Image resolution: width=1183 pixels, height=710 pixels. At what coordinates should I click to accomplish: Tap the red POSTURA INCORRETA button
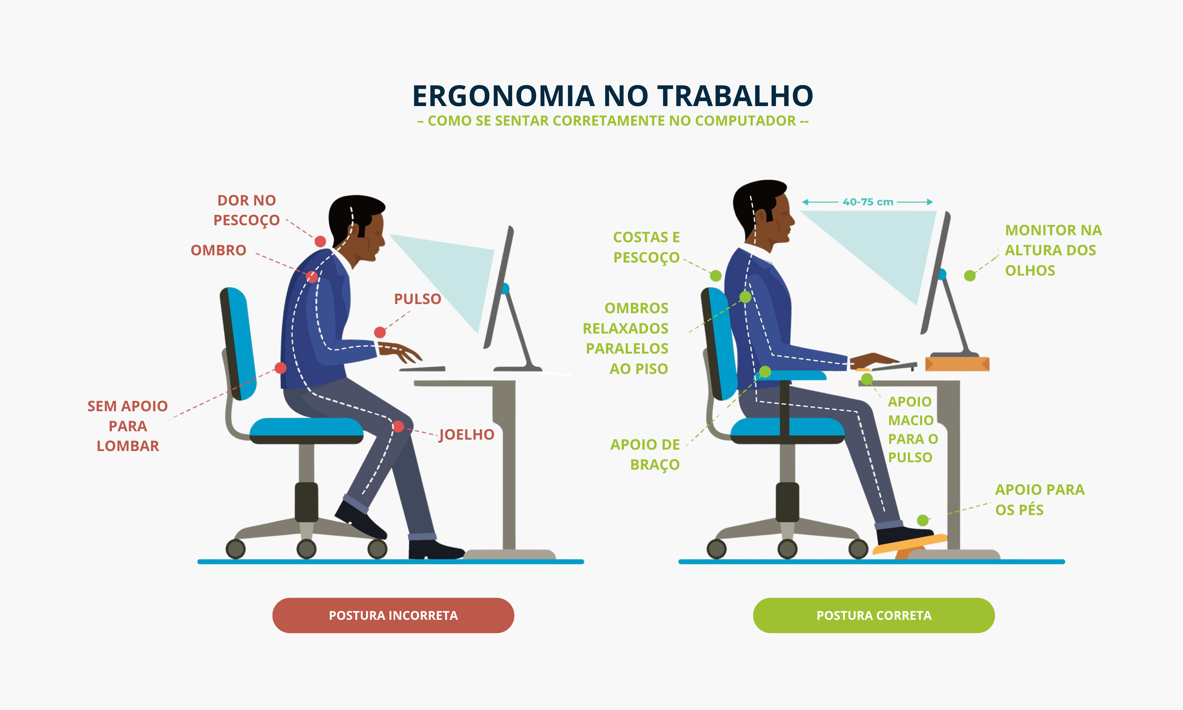tap(393, 615)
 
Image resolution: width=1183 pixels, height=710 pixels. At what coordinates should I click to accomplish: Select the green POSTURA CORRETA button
tap(874, 615)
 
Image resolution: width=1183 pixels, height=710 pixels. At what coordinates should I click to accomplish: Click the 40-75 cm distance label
tap(868, 202)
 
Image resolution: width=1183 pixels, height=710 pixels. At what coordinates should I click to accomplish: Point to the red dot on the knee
tap(398, 426)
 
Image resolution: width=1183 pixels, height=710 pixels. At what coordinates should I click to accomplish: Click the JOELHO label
tap(467, 434)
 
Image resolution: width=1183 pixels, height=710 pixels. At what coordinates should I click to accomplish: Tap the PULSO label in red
tap(418, 299)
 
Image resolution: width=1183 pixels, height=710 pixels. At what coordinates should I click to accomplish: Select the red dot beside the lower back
tap(281, 368)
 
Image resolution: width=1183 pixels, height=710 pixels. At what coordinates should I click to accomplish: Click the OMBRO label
tap(219, 250)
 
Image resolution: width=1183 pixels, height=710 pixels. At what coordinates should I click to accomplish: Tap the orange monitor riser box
tap(957, 364)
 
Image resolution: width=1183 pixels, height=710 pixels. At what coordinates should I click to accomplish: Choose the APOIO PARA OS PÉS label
tap(1040, 500)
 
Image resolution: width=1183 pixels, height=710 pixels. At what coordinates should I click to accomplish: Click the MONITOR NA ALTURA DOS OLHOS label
tap(1053, 250)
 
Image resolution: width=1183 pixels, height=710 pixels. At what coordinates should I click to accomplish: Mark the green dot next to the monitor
tap(970, 276)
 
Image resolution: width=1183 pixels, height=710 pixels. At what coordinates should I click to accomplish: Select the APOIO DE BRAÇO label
tap(645, 454)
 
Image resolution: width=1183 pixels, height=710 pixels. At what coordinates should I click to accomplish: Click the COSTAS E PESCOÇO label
tap(647, 247)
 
